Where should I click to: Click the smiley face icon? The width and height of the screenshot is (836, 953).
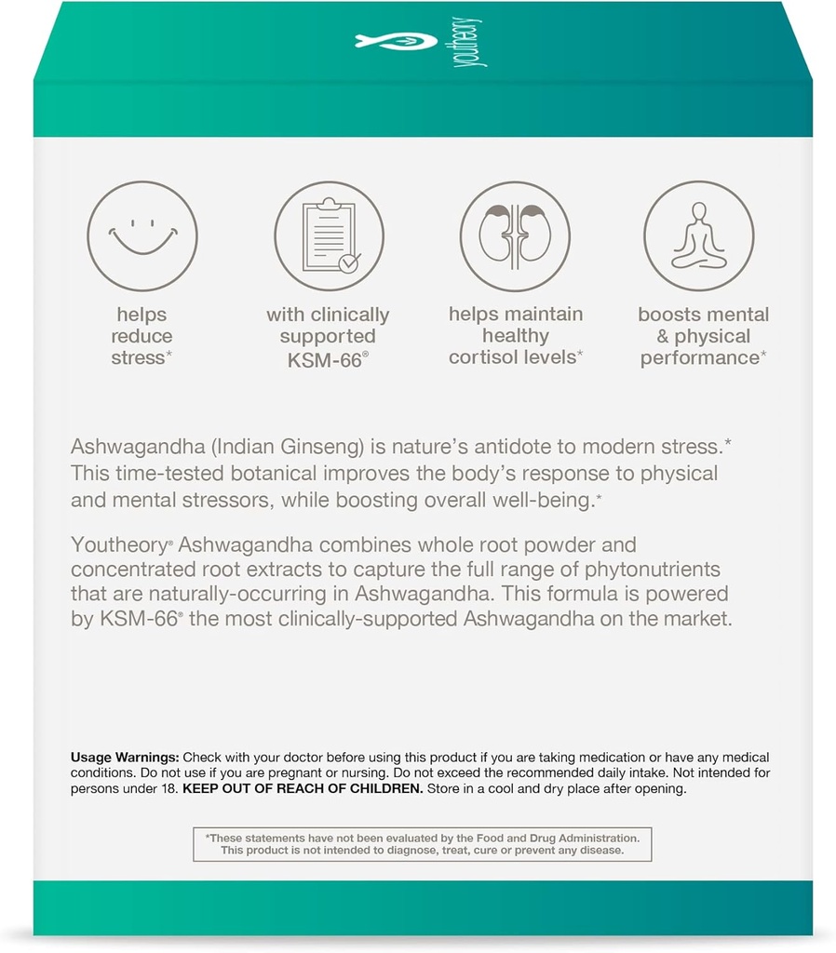click(x=142, y=235)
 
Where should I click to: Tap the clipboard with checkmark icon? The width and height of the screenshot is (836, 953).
click(x=330, y=235)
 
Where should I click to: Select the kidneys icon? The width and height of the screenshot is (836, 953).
click(x=515, y=235)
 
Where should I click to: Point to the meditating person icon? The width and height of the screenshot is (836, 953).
click(x=699, y=235)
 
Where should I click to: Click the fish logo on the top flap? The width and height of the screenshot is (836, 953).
click(x=396, y=41)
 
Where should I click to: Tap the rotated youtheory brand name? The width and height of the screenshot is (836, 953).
click(x=477, y=42)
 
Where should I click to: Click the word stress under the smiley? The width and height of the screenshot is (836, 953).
click(x=139, y=358)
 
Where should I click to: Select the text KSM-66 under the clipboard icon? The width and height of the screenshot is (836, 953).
click(x=323, y=358)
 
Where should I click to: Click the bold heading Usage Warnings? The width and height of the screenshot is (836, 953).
click(x=125, y=758)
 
